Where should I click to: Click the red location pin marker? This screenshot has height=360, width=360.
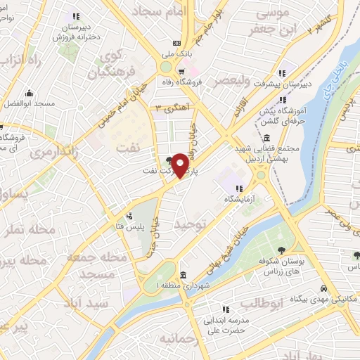pos(180,165)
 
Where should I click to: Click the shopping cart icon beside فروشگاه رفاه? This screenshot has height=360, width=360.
pos(181,71)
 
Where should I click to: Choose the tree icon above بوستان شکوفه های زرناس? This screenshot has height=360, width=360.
pos(281,251)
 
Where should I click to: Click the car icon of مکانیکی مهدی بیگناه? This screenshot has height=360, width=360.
pos(323,288)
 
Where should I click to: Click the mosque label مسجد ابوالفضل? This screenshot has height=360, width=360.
pos(30,103)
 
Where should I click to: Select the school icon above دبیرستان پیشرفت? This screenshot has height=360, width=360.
pos(282,73)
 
